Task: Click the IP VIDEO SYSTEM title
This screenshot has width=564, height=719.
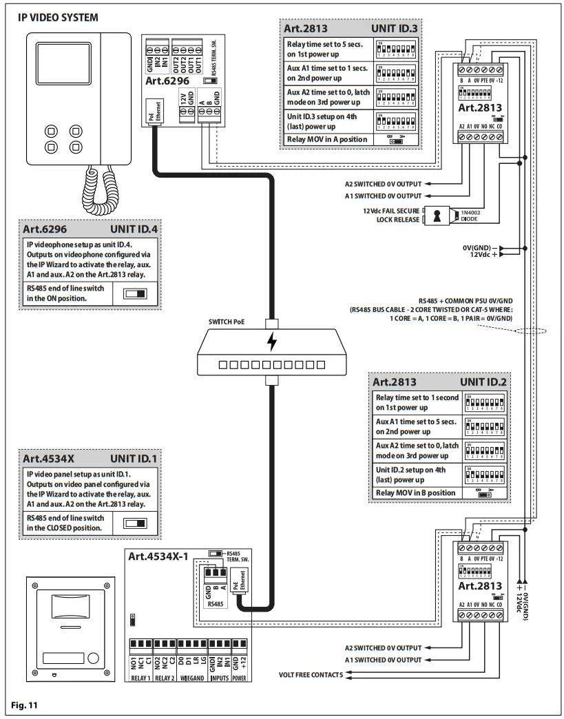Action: coord(58,16)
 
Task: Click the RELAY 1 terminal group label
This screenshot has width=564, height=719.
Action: coord(141,678)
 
